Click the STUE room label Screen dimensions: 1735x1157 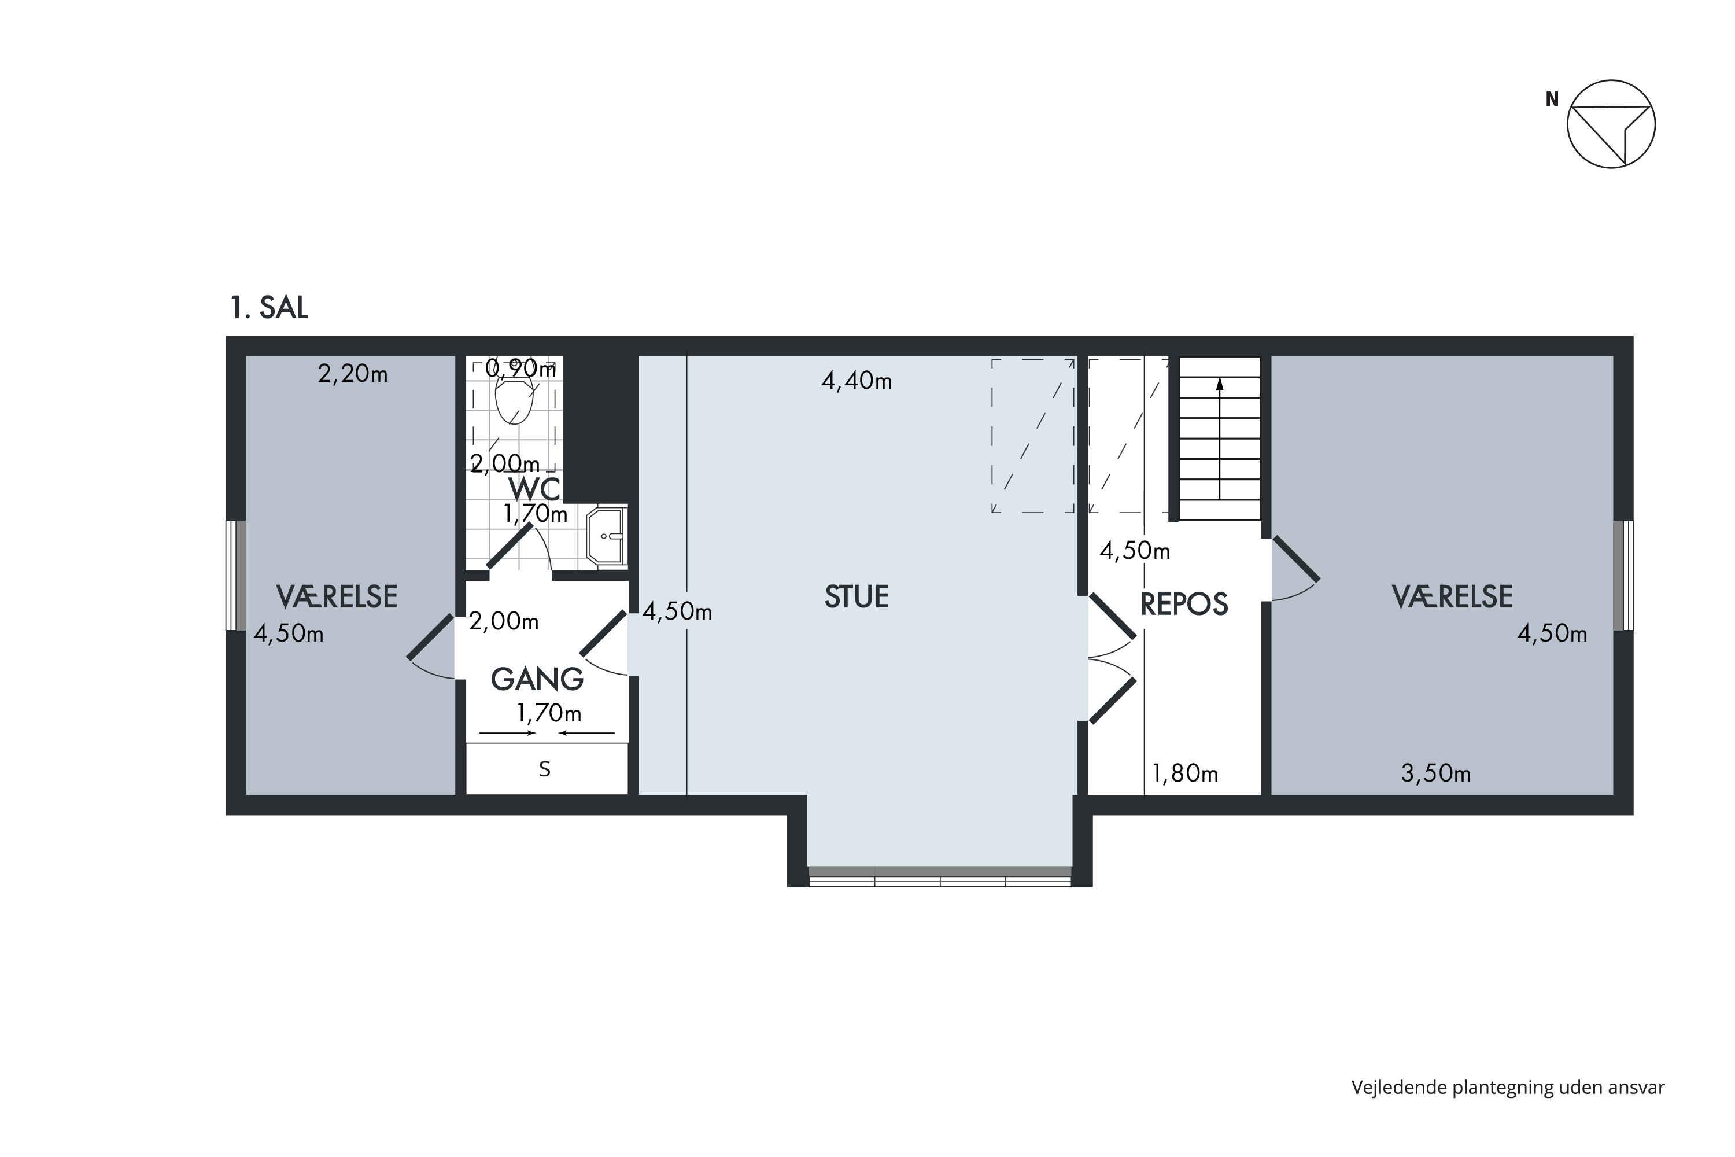[857, 596]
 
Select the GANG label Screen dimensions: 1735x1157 [537, 679]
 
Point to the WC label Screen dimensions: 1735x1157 [534, 488]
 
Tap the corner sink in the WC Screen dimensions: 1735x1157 [606, 536]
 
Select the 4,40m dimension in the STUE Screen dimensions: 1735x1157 [857, 381]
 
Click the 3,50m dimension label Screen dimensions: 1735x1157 [1435, 773]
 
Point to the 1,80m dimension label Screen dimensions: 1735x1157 [1184, 773]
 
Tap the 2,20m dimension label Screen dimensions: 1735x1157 [353, 374]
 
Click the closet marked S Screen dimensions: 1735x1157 [547, 769]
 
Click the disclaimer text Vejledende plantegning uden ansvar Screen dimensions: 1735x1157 [1508, 1088]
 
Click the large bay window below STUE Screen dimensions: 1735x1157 [940, 876]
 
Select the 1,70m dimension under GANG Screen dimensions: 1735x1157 [549, 713]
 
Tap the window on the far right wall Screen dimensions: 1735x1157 [1623, 576]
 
